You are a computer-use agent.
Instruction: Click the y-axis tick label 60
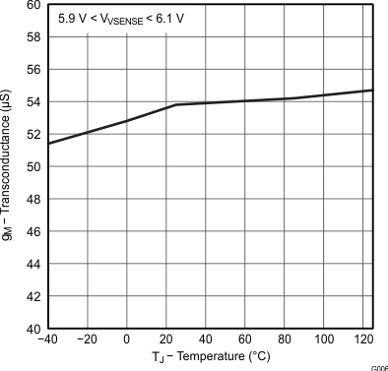(32, 6)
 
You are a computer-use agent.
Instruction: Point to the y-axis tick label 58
(32, 37)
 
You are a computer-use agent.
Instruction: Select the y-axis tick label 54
(32, 102)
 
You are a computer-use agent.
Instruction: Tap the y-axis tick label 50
(32, 167)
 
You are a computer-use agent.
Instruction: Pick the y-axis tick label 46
(32, 232)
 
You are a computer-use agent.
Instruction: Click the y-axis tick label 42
(32, 296)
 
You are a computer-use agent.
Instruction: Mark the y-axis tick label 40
(32, 329)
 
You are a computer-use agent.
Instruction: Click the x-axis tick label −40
(46, 340)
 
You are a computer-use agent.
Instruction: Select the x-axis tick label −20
(87, 340)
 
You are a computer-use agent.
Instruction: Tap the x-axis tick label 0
(127, 340)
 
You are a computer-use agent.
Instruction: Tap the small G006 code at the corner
(378, 367)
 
